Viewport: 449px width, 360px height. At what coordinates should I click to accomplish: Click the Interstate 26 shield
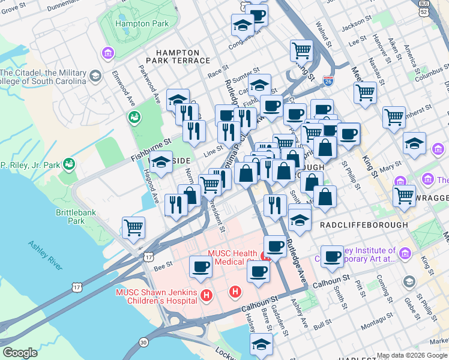click(x=327, y=80)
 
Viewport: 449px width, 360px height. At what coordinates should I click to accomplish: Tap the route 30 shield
click(x=143, y=341)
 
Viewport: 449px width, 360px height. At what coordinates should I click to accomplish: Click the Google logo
click(x=20, y=353)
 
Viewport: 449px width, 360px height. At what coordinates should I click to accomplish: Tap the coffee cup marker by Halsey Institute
click(x=331, y=257)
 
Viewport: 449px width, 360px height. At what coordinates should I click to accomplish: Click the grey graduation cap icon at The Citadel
click(x=95, y=76)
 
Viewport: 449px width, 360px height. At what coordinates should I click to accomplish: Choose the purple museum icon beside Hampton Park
click(x=108, y=54)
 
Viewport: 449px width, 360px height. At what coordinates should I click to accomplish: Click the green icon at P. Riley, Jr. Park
click(x=70, y=163)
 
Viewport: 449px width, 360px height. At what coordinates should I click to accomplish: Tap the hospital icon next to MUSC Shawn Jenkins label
click(x=206, y=295)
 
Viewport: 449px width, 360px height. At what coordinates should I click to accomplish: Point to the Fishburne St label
click(x=151, y=149)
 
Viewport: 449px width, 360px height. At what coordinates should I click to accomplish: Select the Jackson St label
click(x=357, y=23)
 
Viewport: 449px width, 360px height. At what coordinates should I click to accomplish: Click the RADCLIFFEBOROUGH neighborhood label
click(x=364, y=224)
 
